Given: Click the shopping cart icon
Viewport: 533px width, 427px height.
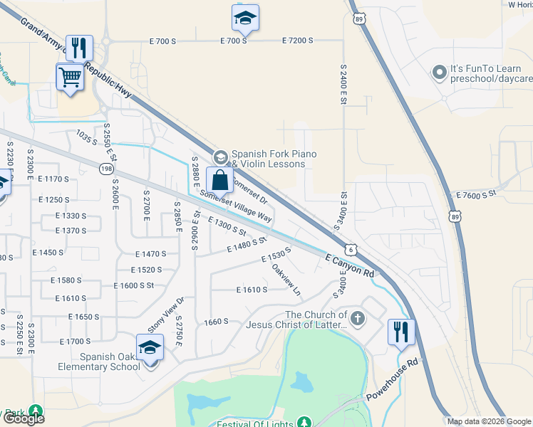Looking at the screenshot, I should coord(70,75).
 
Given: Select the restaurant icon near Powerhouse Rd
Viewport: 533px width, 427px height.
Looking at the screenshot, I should coord(401,331).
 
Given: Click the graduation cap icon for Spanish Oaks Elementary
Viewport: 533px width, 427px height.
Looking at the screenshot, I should coord(150,347).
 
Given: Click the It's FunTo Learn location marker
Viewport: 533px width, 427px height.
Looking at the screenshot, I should coord(440,73).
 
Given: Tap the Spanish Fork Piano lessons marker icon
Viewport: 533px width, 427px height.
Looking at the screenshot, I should coord(220,157).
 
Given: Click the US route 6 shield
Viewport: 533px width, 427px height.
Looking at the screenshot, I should coord(351,249).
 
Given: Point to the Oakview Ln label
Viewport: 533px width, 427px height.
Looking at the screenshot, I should coord(287,280).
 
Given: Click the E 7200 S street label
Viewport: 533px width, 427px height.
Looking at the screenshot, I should coord(297,41).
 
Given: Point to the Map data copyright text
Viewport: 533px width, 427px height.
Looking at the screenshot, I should coord(488,421).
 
